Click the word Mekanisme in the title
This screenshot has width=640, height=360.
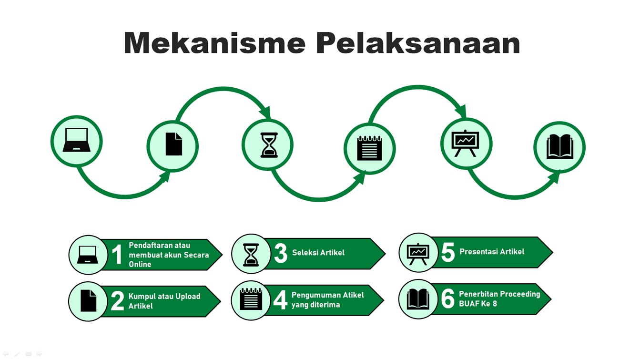point(214,43)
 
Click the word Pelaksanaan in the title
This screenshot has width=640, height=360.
point(418,43)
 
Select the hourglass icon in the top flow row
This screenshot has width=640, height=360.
point(269,145)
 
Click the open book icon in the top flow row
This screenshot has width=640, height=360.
point(560,147)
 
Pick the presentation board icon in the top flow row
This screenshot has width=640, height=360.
point(465,143)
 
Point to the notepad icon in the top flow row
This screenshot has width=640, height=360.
point(369,148)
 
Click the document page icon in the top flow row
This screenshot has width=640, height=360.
point(174,144)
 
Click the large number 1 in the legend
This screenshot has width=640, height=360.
point(117,254)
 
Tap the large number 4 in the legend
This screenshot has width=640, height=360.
point(280,300)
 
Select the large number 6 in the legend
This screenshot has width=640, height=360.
point(448,298)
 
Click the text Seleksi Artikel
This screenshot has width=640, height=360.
point(318,253)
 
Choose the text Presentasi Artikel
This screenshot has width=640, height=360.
point(492,251)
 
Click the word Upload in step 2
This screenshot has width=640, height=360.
point(188,297)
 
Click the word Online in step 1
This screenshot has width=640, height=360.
point(140,264)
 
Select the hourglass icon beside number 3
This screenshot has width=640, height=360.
point(251,255)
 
